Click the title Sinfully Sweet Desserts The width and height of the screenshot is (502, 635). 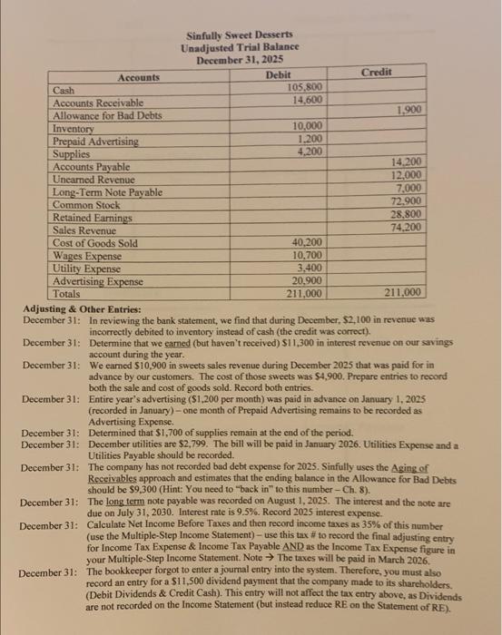[x=241, y=34]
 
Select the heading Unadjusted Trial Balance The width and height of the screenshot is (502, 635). [x=241, y=46]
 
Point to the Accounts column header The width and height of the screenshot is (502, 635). [x=138, y=78]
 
